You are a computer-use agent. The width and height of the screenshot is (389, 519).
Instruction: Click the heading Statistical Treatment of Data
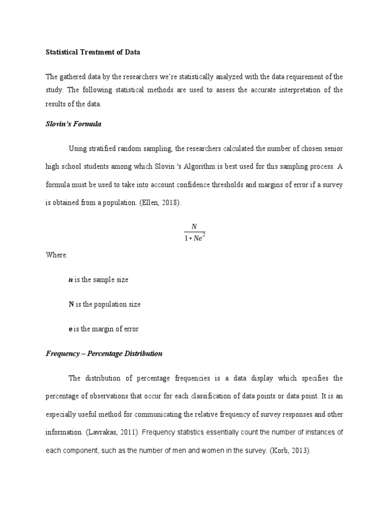[93, 52]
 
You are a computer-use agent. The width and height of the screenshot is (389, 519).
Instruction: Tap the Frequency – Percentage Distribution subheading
[104, 353]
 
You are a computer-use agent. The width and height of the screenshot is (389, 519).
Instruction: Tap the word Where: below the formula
[57, 255]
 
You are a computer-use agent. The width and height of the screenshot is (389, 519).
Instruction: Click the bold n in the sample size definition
[70, 280]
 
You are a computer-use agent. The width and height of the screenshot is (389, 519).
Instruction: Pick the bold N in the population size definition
[71, 305]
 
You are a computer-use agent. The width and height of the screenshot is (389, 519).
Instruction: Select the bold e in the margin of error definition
[70, 329]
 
